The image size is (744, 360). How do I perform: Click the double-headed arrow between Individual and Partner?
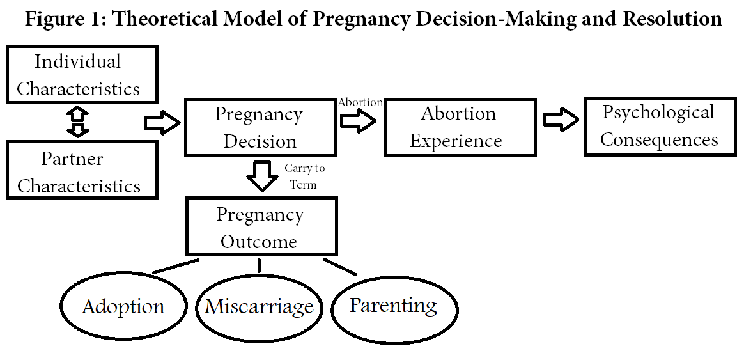(x=80, y=122)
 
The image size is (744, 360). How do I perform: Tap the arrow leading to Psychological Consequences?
(x=561, y=119)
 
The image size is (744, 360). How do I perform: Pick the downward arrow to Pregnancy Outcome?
(x=261, y=176)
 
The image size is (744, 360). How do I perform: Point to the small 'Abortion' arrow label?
(x=360, y=102)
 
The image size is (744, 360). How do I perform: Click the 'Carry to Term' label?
(x=304, y=176)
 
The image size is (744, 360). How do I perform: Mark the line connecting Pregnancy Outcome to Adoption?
(x=176, y=267)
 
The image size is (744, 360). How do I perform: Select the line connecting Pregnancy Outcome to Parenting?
(x=340, y=267)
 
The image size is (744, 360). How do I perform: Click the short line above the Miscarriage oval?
(x=259, y=266)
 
